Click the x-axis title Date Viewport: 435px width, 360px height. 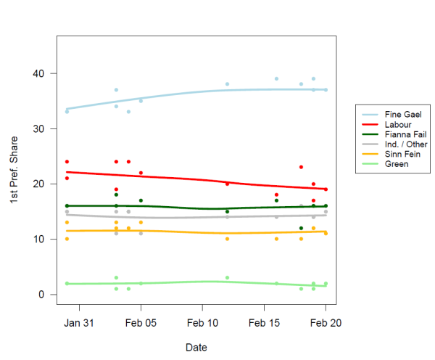196,348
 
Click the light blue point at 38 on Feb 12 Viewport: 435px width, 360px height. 227,84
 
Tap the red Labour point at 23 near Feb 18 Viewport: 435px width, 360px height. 301,167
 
